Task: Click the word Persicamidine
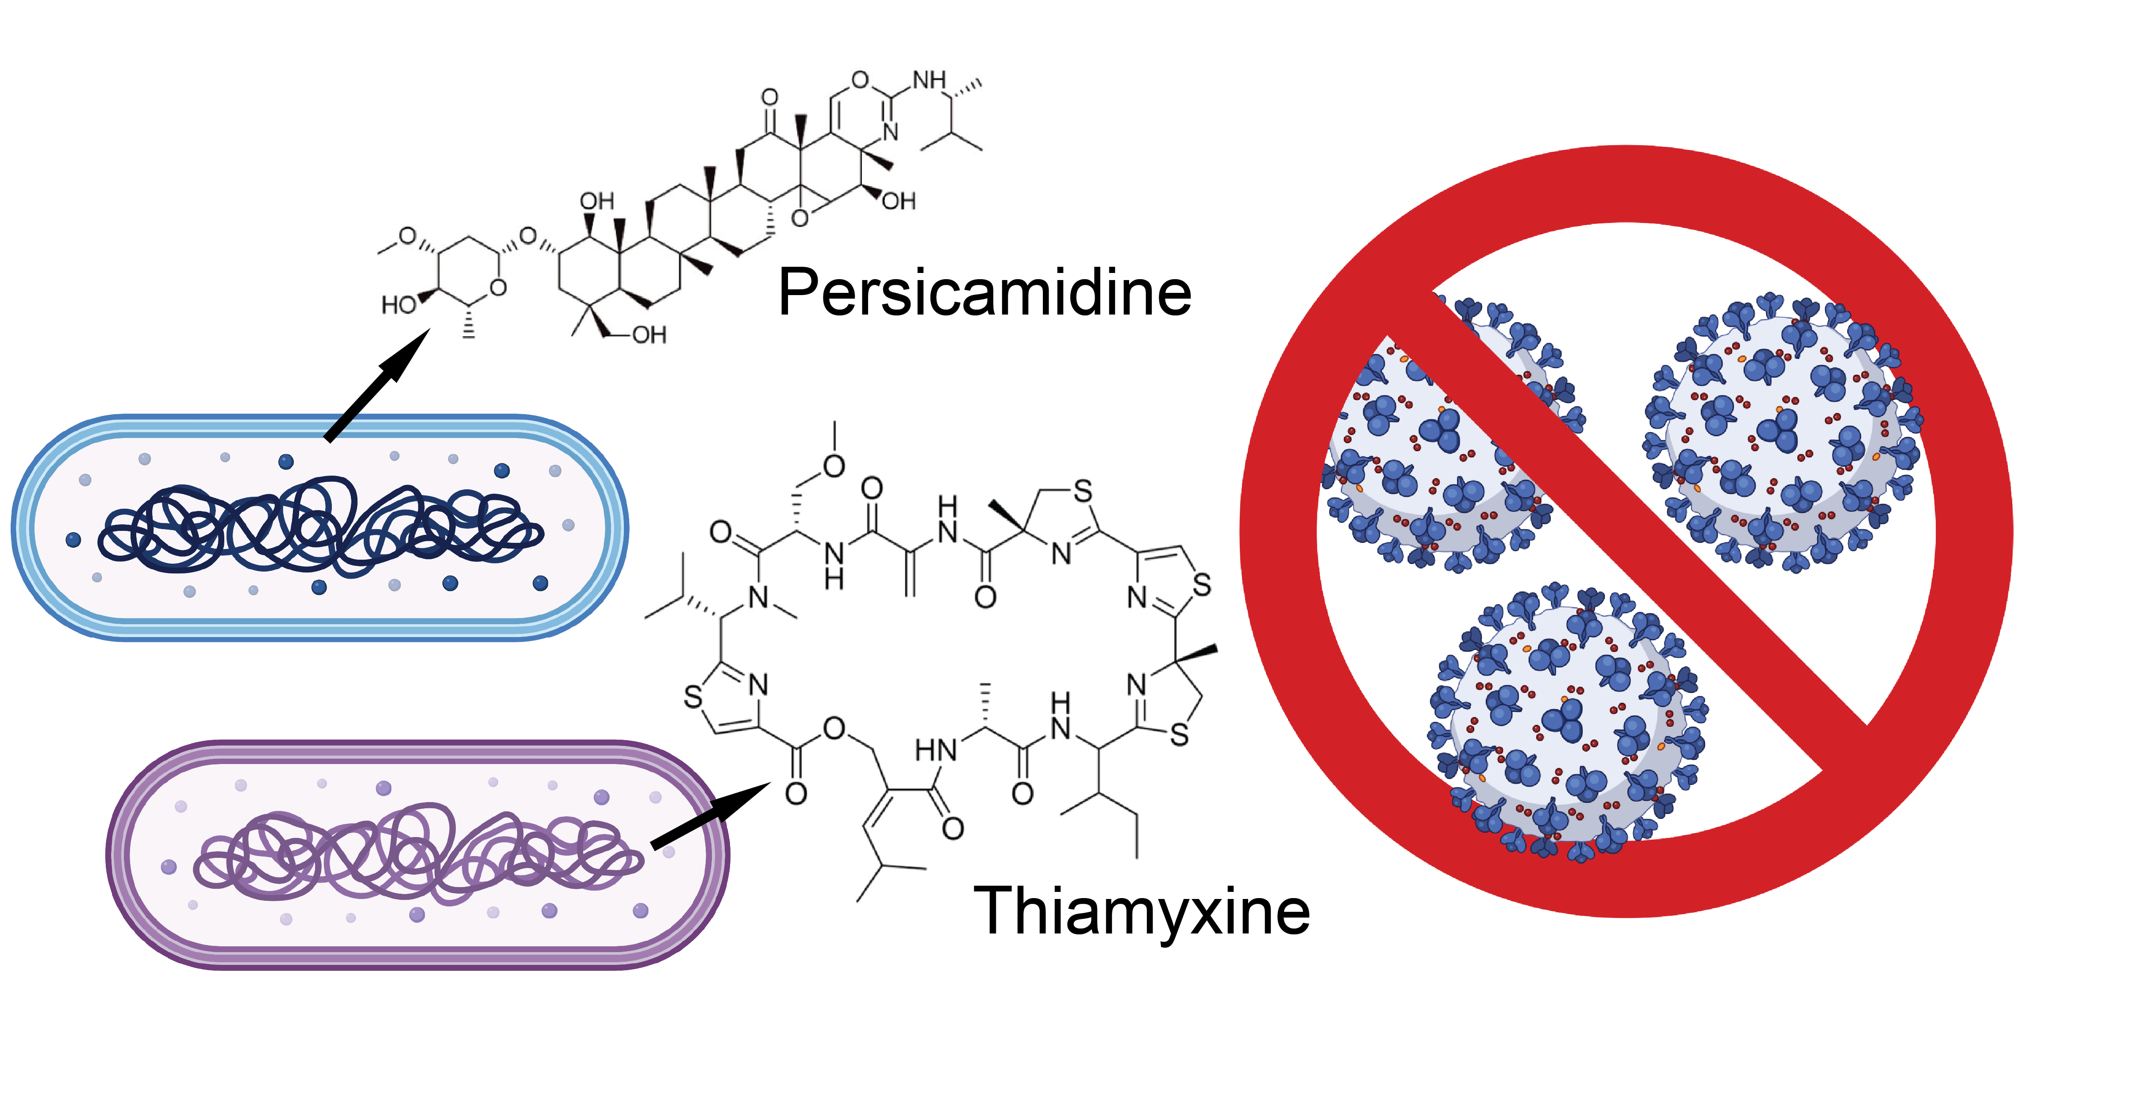[984, 293]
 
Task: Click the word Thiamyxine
[1141, 912]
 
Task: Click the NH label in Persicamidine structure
[930, 81]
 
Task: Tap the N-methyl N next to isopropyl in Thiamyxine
[758, 597]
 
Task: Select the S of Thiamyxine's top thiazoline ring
[1083, 492]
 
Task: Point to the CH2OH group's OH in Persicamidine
[650, 335]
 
